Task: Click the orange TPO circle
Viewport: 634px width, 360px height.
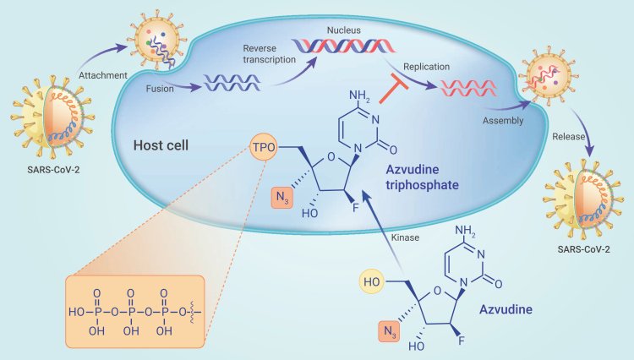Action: [264, 147]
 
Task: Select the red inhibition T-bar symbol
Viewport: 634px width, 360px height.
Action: [394, 88]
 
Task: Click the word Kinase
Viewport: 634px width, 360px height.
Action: [405, 238]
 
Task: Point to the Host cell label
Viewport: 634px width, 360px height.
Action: [161, 145]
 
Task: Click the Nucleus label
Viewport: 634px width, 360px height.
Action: [344, 30]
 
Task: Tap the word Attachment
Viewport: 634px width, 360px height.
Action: [102, 75]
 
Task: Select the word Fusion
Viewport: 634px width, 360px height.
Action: [160, 89]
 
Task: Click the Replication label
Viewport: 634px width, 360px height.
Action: [426, 67]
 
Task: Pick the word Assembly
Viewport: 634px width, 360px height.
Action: [503, 120]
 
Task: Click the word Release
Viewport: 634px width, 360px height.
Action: [569, 137]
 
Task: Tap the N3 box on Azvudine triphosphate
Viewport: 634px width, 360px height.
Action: [282, 198]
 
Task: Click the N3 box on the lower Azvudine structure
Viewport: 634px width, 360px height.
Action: [390, 332]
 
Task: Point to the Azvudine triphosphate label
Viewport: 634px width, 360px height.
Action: [422, 177]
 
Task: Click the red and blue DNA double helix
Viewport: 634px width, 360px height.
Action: [344, 46]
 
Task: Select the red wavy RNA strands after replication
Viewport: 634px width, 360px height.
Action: [468, 88]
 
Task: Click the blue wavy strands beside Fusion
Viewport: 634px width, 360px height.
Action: [232, 83]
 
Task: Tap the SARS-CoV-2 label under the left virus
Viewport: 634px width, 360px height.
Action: [53, 170]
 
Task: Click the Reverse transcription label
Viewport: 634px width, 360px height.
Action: [269, 54]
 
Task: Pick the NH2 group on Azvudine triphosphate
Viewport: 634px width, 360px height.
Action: [359, 96]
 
